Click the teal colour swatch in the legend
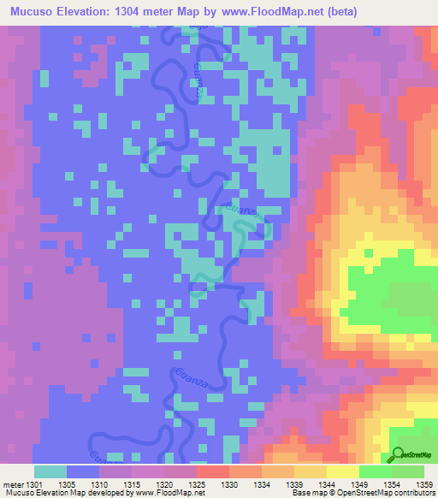(50, 471)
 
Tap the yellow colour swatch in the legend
(343, 471)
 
